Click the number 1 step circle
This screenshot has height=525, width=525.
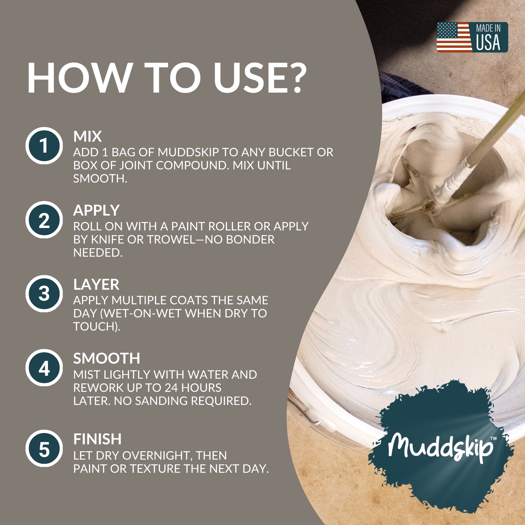point(44,146)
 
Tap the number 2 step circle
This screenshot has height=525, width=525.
point(44,220)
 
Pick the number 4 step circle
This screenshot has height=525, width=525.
point(44,368)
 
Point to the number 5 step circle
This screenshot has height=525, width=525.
point(44,448)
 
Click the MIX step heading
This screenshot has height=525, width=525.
point(87,136)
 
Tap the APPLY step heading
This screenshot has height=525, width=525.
point(96,210)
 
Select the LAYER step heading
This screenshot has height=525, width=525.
point(96,285)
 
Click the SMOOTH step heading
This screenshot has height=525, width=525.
point(107,359)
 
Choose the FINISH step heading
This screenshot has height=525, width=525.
point(97,439)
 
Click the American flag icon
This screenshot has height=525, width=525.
point(454,37)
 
